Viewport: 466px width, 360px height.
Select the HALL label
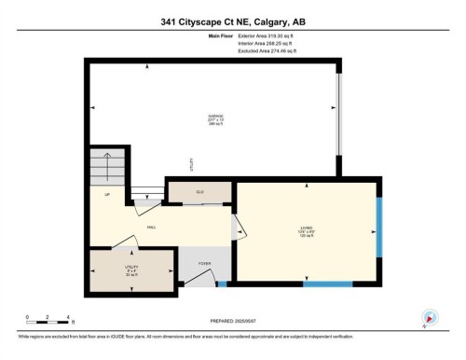click(151, 228)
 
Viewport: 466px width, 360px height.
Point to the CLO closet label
click(199, 192)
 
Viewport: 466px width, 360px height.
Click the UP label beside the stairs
click(107, 196)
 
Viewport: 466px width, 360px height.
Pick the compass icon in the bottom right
click(430, 317)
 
